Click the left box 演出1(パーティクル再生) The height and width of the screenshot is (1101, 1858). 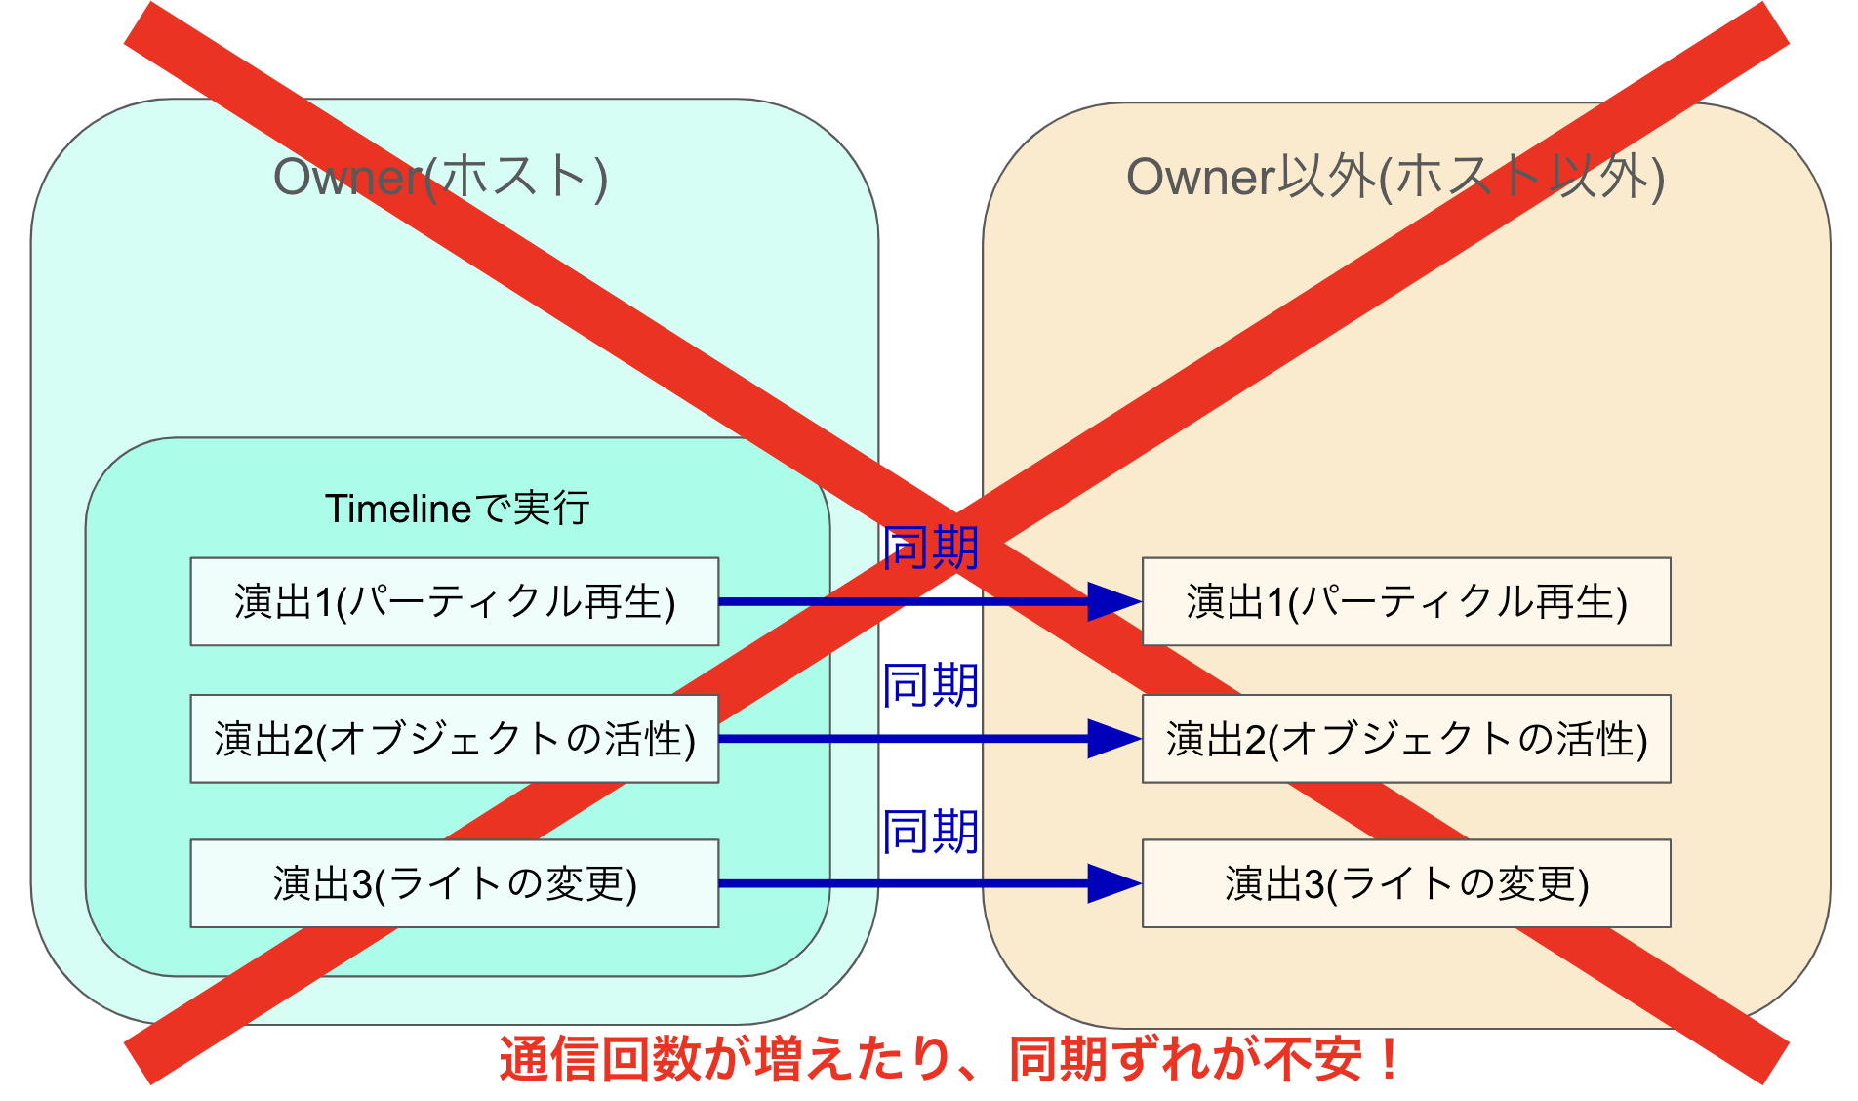tap(454, 601)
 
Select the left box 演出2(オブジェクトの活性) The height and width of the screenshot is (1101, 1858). tap(454, 739)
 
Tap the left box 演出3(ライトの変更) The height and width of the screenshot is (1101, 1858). tap(454, 883)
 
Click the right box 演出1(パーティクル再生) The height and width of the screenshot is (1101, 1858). tap(1406, 601)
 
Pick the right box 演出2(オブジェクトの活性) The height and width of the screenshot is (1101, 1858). tap(1406, 739)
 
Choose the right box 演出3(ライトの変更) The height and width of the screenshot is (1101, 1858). tap(1406, 883)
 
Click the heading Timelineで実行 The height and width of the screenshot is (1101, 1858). tap(457, 509)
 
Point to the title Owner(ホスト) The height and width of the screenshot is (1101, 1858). tap(440, 178)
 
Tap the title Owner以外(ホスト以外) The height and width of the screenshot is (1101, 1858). tap(1395, 178)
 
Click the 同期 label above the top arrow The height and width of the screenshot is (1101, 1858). tap(930, 548)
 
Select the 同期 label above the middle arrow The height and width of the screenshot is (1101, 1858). tap(930, 685)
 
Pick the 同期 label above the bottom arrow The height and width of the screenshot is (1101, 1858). tap(930, 832)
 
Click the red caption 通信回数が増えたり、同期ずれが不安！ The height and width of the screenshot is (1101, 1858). tap(949, 1060)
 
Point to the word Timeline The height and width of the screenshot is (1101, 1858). tap(398, 509)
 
